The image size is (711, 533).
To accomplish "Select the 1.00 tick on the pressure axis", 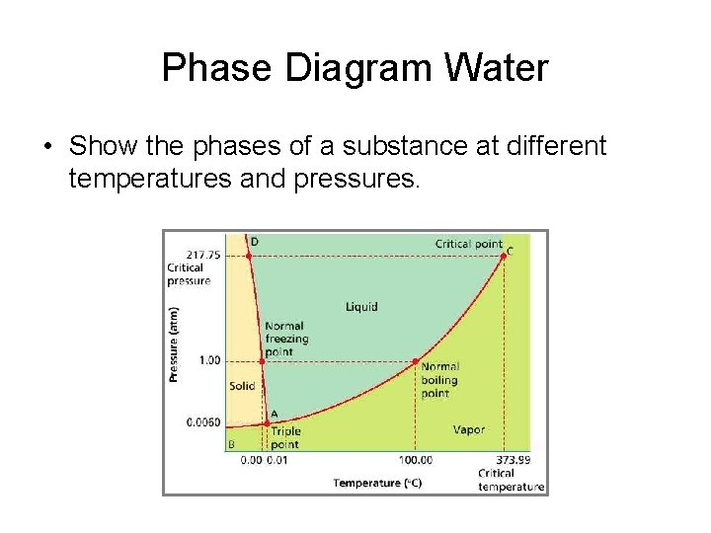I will (x=208, y=360).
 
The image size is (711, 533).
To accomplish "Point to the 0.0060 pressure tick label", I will (x=203, y=422).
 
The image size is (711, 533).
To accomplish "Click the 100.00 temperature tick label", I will (x=416, y=460).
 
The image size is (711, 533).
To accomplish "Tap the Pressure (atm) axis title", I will (x=174, y=344).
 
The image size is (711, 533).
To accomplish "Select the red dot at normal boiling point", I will (x=416, y=361).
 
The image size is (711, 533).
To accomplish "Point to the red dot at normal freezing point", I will (x=262, y=361).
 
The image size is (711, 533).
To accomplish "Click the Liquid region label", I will (x=361, y=307).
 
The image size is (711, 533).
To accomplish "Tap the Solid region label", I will (x=242, y=386).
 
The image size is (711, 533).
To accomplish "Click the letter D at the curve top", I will (x=255, y=241).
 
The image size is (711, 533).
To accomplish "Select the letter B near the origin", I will (x=232, y=444).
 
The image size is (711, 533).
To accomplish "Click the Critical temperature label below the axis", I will (x=510, y=480).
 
